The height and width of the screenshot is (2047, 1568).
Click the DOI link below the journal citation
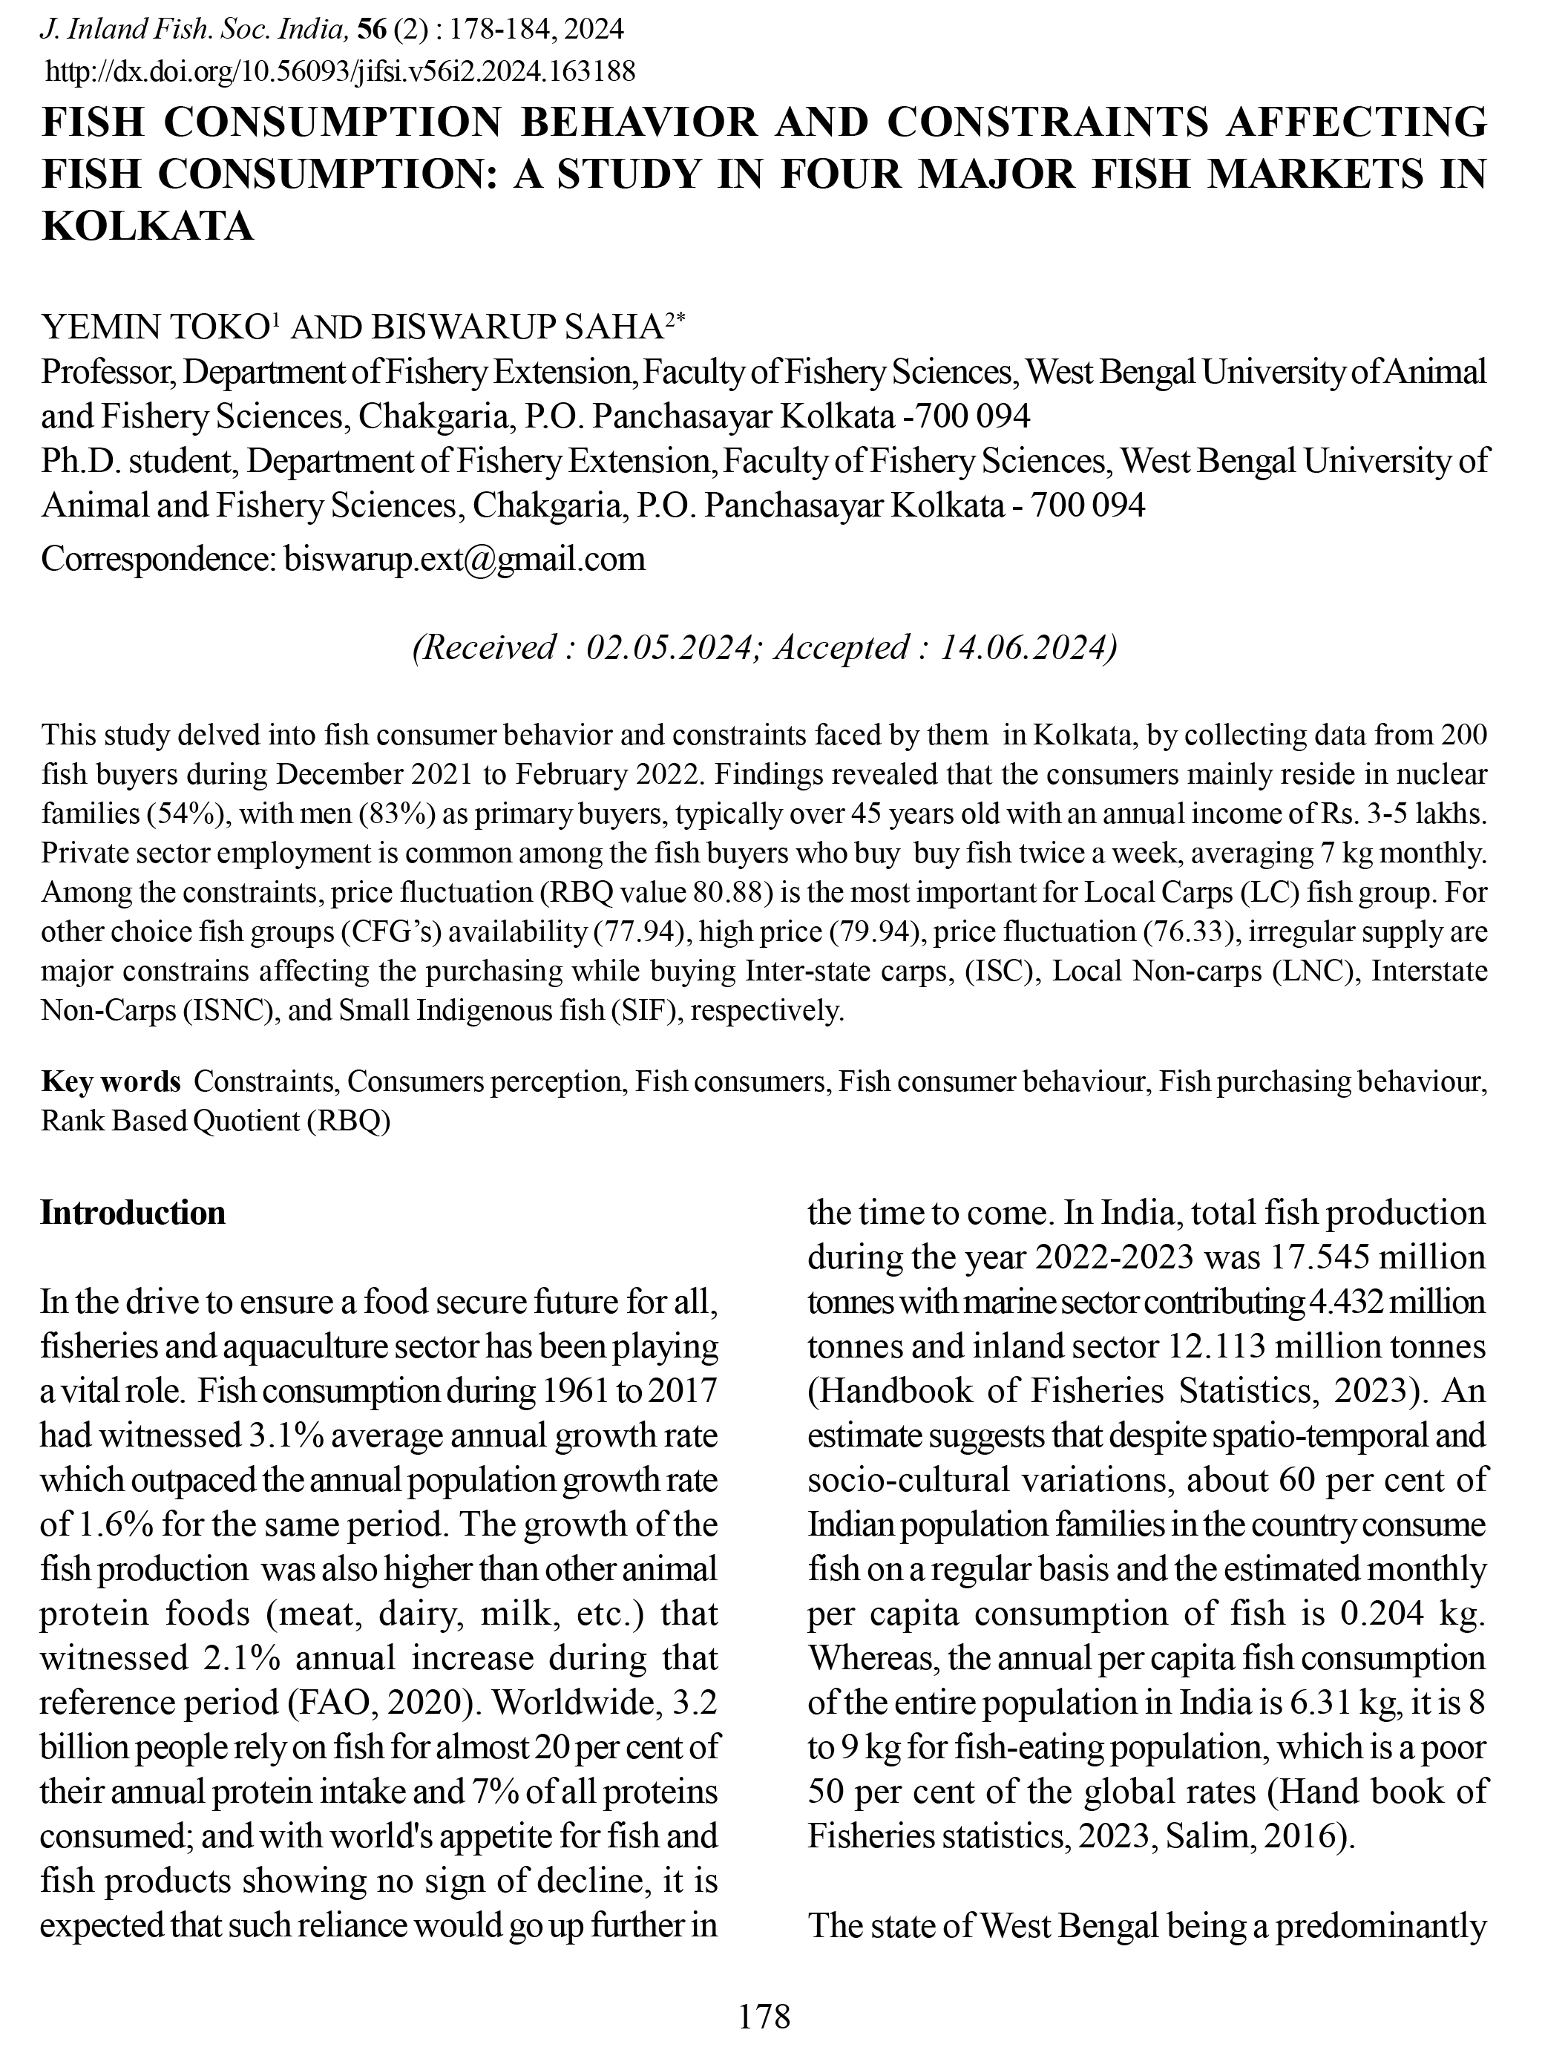(x=341, y=71)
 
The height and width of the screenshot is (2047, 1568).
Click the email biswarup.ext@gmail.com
(x=464, y=558)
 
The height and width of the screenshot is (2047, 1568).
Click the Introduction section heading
(x=133, y=1213)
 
